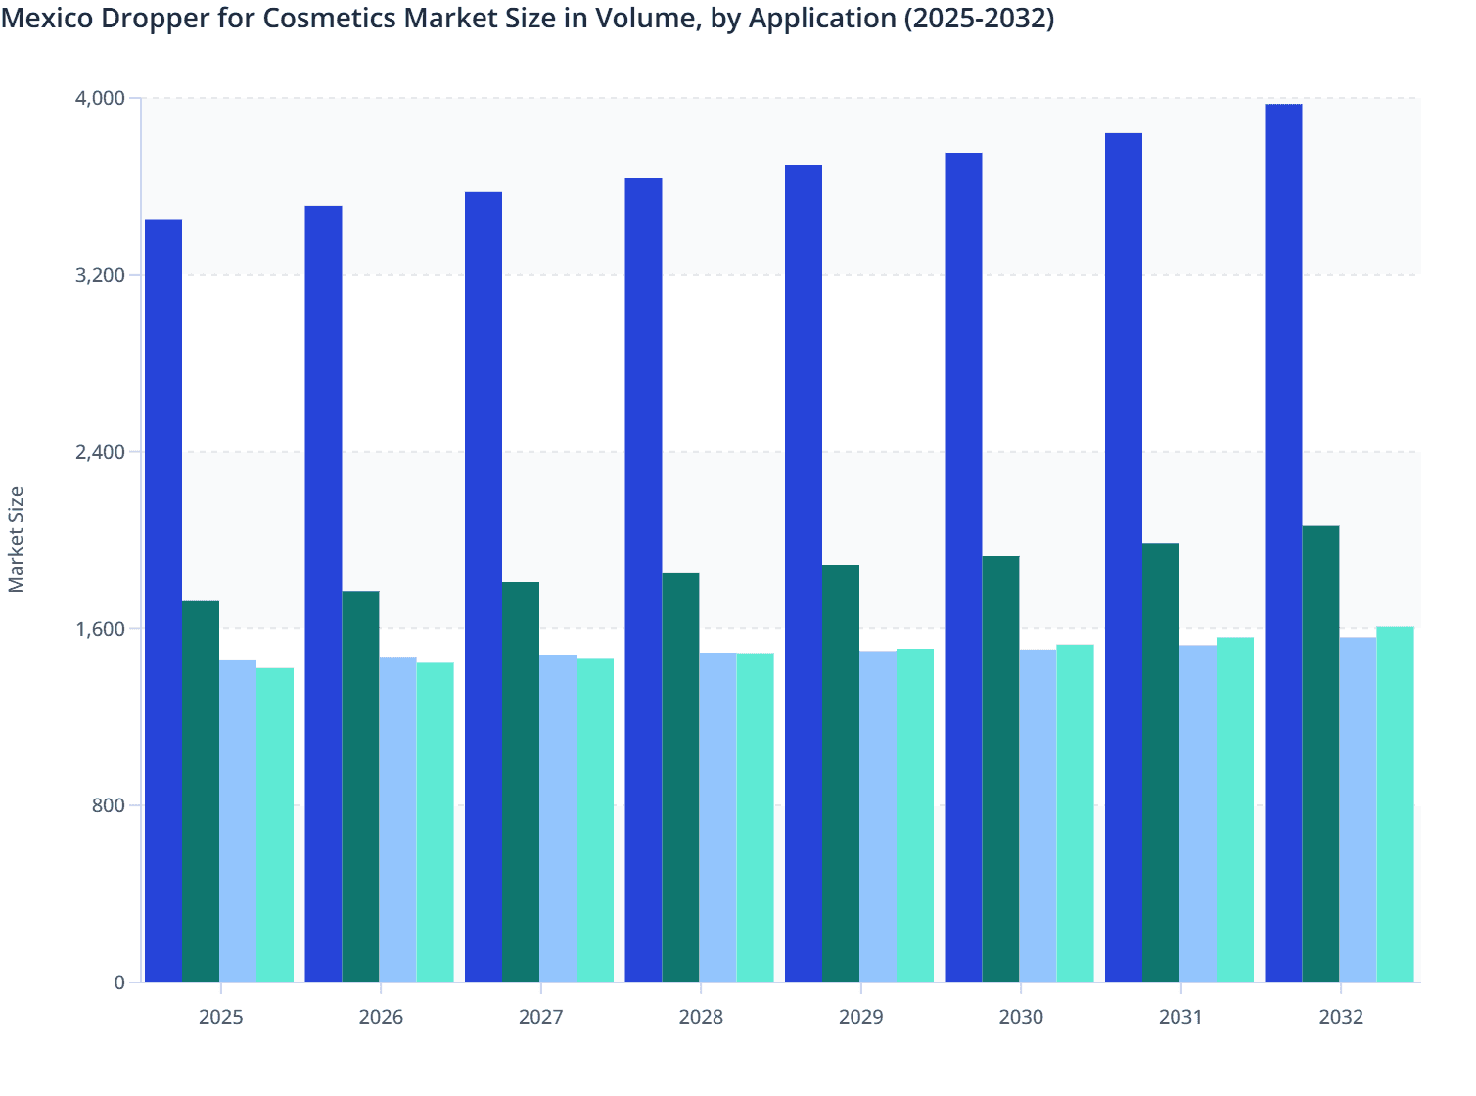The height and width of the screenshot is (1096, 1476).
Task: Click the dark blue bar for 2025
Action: (x=163, y=601)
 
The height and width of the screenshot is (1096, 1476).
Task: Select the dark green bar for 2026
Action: (x=360, y=787)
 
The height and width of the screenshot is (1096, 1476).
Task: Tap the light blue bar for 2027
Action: (x=558, y=818)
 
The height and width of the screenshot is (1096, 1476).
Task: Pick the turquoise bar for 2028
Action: (x=755, y=817)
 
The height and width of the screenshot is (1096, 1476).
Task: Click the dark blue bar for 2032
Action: (x=1283, y=543)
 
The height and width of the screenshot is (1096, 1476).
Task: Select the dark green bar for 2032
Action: (x=1320, y=754)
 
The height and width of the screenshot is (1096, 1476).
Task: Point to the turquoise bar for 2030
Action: (x=1075, y=813)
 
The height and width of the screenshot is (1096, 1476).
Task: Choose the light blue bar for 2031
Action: (x=1198, y=813)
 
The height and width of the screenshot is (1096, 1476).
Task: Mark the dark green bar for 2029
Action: (x=841, y=773)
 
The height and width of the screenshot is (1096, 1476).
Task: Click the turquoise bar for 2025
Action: (x=275, y=825)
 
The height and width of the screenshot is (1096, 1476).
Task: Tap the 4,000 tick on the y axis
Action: (x=100, y=98)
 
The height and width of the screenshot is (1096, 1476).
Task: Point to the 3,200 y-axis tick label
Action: (x=100, y=275)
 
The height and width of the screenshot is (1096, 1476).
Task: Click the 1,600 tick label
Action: (x=100, y=629)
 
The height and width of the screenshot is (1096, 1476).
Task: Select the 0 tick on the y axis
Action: (x=119, y=982)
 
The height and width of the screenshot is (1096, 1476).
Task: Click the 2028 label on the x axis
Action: (x=701, y=1017)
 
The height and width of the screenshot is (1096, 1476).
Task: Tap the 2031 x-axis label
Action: (x=1180, y=1017)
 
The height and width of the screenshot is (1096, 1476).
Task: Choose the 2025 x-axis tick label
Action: (x=220, y=1017)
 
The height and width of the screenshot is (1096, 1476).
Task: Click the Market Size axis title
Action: (x=16, y=540)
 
